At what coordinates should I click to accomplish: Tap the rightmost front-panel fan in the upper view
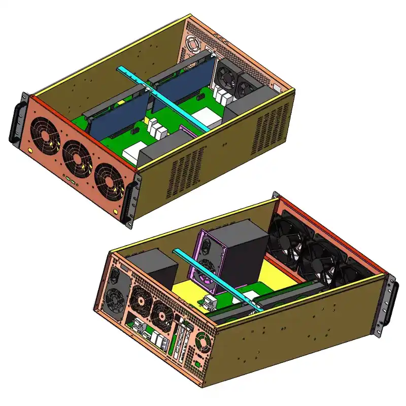pos(107,178)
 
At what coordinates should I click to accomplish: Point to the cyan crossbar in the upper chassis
pos(162,98)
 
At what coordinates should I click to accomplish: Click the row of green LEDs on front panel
pos(71,180)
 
